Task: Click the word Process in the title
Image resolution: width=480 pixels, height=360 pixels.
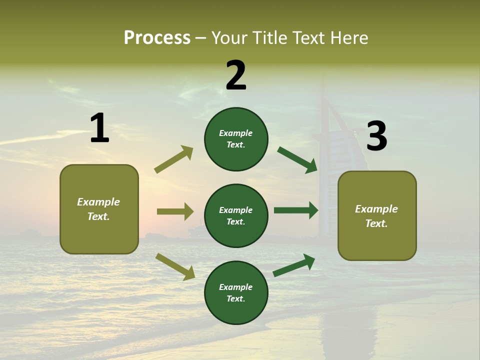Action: [157, 38]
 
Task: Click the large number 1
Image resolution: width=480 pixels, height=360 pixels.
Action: [99, 128]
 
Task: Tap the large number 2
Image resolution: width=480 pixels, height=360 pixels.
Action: [236, 75]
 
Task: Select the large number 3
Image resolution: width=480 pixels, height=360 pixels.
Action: [376, 136]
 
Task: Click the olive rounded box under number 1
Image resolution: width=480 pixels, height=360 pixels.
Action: [99, 209]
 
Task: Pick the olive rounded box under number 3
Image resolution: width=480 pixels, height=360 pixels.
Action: [377, 215]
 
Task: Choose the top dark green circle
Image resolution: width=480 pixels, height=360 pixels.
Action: [236, 139]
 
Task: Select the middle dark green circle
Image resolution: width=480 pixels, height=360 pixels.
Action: [236, 215]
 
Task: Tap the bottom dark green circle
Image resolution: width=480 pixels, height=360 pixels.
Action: [236, 292]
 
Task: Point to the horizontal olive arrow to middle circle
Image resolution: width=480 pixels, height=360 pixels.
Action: [175, 211]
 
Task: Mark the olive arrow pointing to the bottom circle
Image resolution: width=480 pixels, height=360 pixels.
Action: [175, 266]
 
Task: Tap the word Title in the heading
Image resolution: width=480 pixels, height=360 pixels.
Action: [270, 38]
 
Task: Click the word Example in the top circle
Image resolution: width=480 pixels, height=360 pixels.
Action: [236, 133]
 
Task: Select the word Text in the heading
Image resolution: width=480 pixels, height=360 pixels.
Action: [309, 38]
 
